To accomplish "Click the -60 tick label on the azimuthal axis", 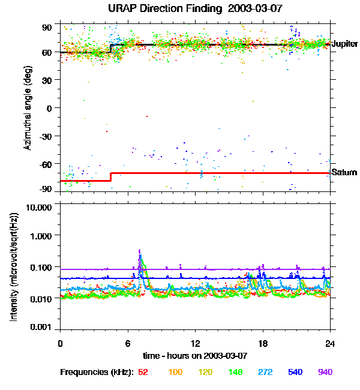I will [45, 164].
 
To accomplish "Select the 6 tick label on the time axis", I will [128, 343].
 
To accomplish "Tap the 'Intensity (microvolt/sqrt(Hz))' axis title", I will [14, 267].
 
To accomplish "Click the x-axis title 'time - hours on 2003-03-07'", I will [196, 356].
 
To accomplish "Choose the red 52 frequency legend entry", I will [143, 372].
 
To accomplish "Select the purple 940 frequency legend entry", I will [325, 372].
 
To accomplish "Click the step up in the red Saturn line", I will [111, 176].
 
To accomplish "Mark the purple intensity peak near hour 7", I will [140, 251].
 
